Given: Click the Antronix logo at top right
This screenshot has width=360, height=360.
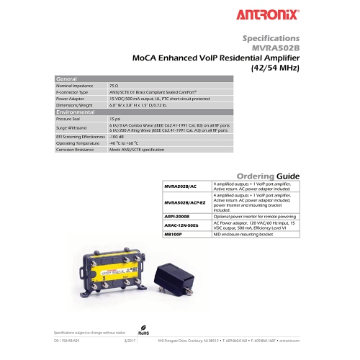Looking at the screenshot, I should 271,14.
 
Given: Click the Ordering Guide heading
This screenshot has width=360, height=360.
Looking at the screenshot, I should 268,176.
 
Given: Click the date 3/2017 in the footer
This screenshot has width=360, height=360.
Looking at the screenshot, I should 130,339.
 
